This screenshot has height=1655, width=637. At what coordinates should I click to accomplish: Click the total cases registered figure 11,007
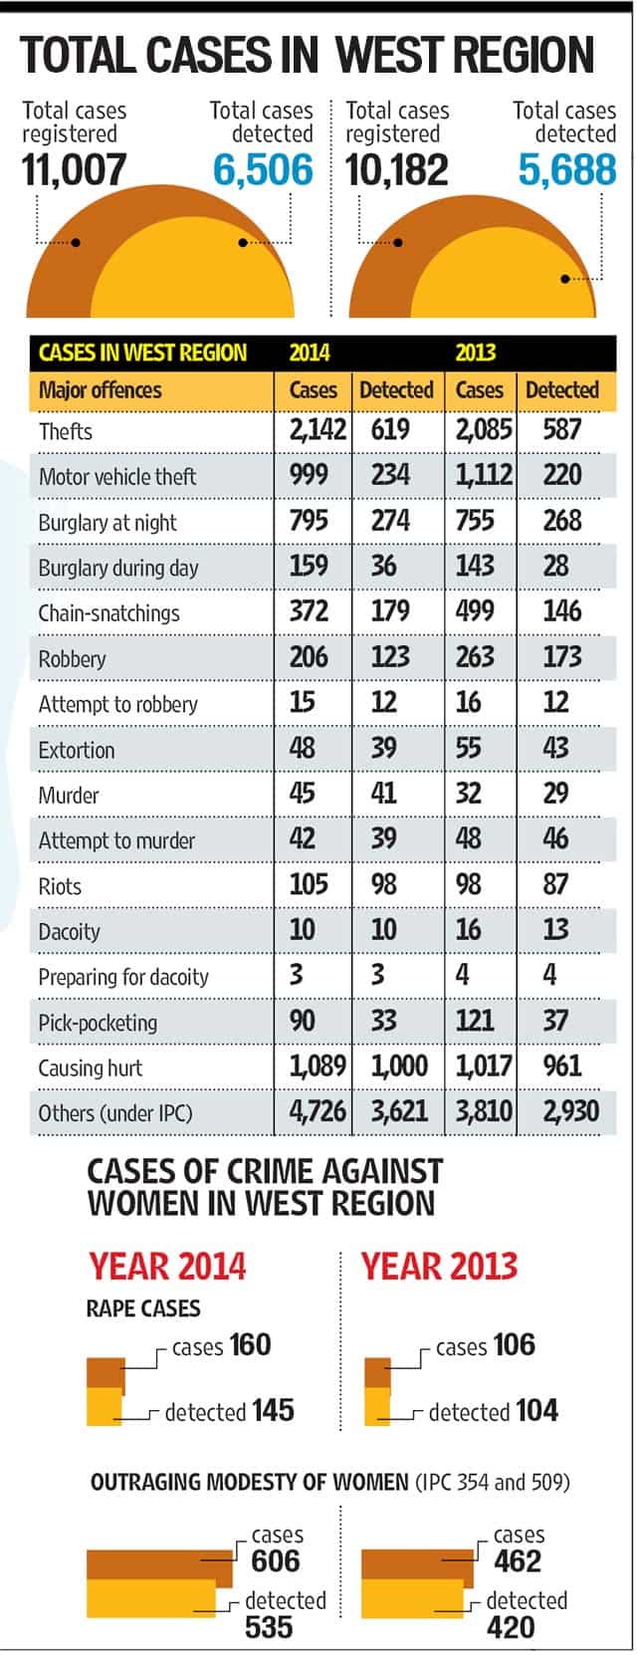74,169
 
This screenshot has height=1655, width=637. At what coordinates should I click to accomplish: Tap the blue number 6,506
264,169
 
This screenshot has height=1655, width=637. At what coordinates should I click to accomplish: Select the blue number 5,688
567,169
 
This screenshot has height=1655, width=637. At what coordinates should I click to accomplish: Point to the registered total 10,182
397,169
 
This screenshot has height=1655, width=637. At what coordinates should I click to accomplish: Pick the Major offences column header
100,390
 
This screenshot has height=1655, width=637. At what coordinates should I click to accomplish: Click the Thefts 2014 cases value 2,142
318,429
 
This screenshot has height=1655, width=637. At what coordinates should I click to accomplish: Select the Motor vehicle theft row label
117,477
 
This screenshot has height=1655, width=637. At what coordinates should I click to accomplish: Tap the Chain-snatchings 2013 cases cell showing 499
475,611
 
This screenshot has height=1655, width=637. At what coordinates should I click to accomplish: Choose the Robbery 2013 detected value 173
561,656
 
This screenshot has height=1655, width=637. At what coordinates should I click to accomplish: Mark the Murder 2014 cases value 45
302,793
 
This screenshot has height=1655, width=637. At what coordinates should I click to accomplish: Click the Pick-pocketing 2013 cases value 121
475,1021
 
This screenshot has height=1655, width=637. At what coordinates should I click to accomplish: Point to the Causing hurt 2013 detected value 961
561,1065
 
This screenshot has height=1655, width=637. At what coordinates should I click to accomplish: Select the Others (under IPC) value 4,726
318,1111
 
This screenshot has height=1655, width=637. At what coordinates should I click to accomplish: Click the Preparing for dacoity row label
123,978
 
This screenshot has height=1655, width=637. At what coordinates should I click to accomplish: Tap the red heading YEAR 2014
167,1267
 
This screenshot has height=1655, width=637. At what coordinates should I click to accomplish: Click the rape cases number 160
250,1344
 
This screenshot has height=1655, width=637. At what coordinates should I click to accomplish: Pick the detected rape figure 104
536,1410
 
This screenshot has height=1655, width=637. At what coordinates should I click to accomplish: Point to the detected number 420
511,1628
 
